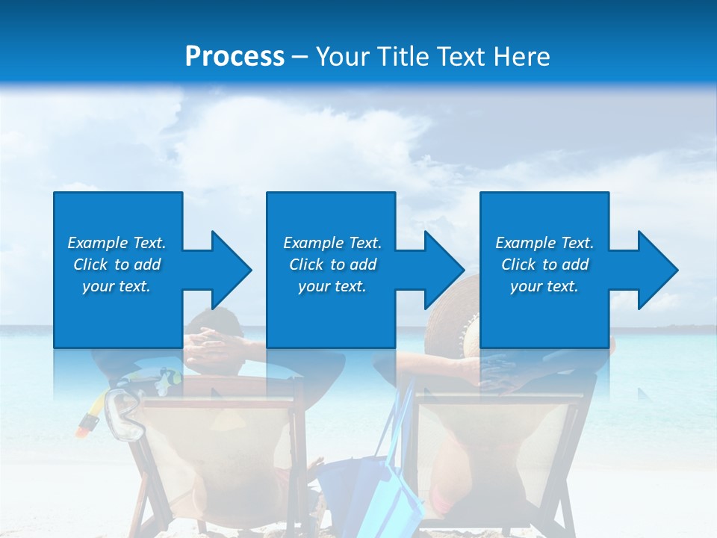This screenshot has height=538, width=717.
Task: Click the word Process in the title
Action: coord(235,57)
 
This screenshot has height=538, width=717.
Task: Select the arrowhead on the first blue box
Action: coord(229,270)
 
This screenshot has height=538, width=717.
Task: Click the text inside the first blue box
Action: coord(117,265)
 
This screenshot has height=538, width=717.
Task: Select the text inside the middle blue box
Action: coord(332,265)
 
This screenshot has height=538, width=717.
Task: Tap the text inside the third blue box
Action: coord(544,265)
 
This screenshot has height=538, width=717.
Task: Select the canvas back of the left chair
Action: coord(217,448)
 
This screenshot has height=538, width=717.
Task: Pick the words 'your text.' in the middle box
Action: coord(332,286)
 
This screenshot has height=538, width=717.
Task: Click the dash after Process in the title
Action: coord(300,57)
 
